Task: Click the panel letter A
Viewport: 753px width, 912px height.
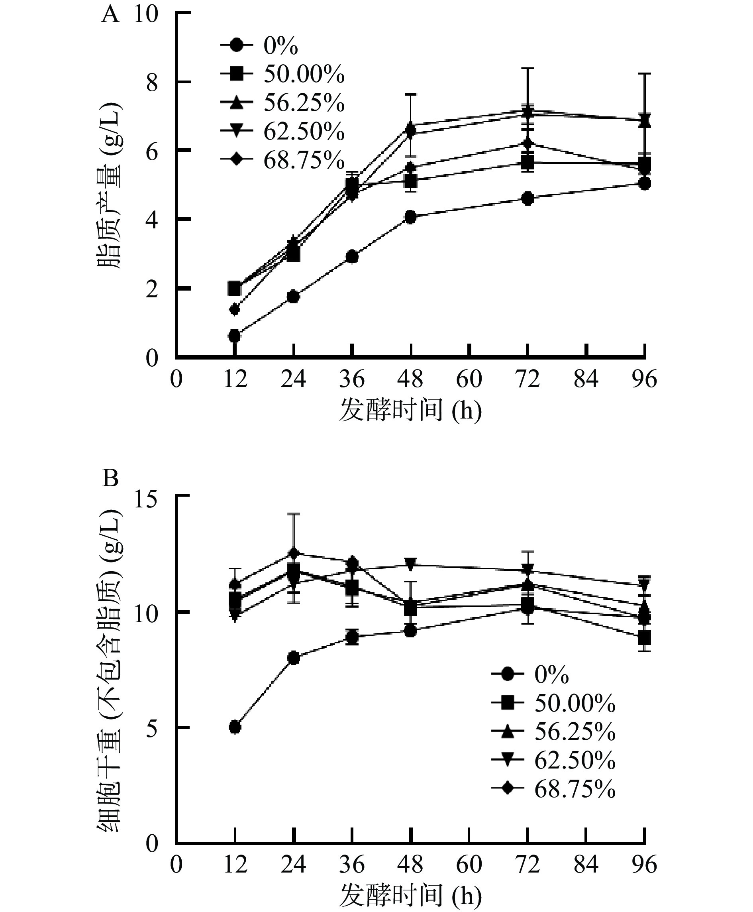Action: [x=110, y=15]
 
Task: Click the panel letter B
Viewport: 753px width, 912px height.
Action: [x=110, y=479]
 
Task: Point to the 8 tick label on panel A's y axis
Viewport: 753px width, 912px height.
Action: [x=152, y=83]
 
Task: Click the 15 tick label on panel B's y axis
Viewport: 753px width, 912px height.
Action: [x=146, y=498]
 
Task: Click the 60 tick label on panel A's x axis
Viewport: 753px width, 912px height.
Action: [x=469, y=379]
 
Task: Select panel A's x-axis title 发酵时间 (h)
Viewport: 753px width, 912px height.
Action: [x=410, y=410]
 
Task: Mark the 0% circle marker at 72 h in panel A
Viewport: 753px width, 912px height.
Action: [x=527, y=199]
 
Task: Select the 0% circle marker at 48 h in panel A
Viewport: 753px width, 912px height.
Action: [x=410, y=217]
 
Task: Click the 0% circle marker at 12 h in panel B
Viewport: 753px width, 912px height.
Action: [x=235, y=727]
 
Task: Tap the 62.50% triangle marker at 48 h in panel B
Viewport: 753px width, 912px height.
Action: [x=410, y=563]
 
